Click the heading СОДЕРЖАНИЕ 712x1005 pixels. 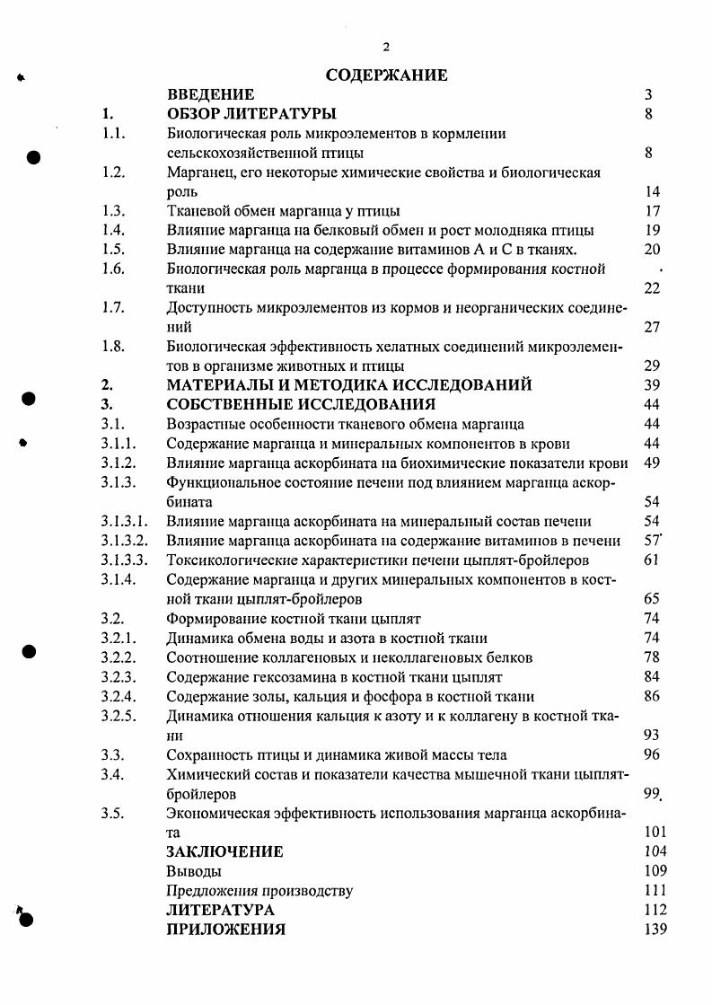tap(386, 75)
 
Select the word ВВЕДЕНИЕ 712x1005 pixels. tap(211, 94)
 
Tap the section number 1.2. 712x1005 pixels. tap(113, 172)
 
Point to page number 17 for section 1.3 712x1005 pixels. tap(653, 211)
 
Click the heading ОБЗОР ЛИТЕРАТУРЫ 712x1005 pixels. tap(251, 114)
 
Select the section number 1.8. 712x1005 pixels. tap(113, 347)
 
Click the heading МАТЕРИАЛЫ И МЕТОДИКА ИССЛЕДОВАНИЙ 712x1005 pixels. tap(349, 385)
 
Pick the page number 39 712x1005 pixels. tap(653, 385)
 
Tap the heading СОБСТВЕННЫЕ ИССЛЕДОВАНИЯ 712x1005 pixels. tap(301, 404)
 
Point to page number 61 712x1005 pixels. tap(652, 560)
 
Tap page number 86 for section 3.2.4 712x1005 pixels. tap(653, 696)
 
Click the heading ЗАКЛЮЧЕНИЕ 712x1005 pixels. tap(224, 851)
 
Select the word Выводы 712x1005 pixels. tap(194, 871)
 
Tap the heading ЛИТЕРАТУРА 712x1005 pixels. tap(221, 911)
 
